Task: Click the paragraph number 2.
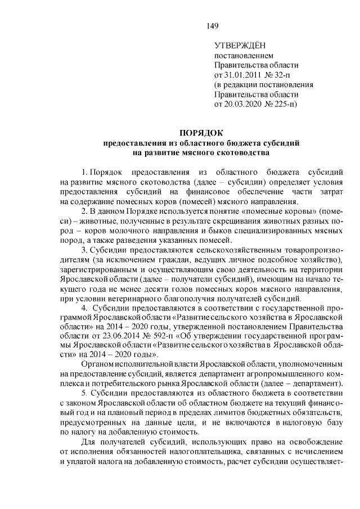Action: (84, 210)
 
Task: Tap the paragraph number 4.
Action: (84, 308)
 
